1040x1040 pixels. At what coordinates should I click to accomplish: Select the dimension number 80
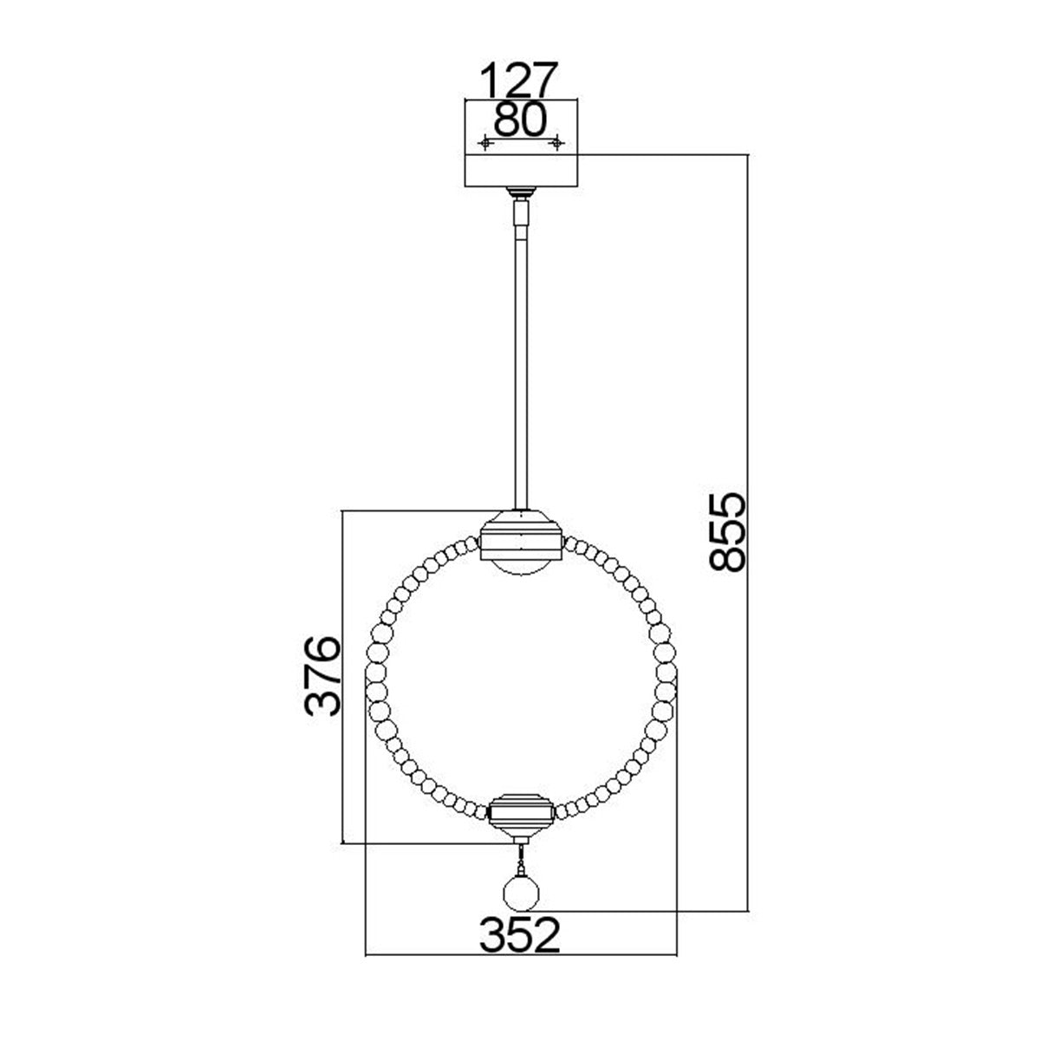pos(520,120)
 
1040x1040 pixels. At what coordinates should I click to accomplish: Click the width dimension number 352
pos(521,935)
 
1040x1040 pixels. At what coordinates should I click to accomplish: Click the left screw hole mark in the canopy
pos(485,142)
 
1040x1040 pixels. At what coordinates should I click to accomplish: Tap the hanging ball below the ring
pos(521,893)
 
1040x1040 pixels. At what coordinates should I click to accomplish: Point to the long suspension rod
pos(520,364)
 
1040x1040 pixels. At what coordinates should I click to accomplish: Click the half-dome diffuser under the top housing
pos(520,568)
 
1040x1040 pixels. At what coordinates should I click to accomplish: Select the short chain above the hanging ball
pos(521,859)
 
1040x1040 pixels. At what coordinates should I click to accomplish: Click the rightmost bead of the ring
pos(666,691)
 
